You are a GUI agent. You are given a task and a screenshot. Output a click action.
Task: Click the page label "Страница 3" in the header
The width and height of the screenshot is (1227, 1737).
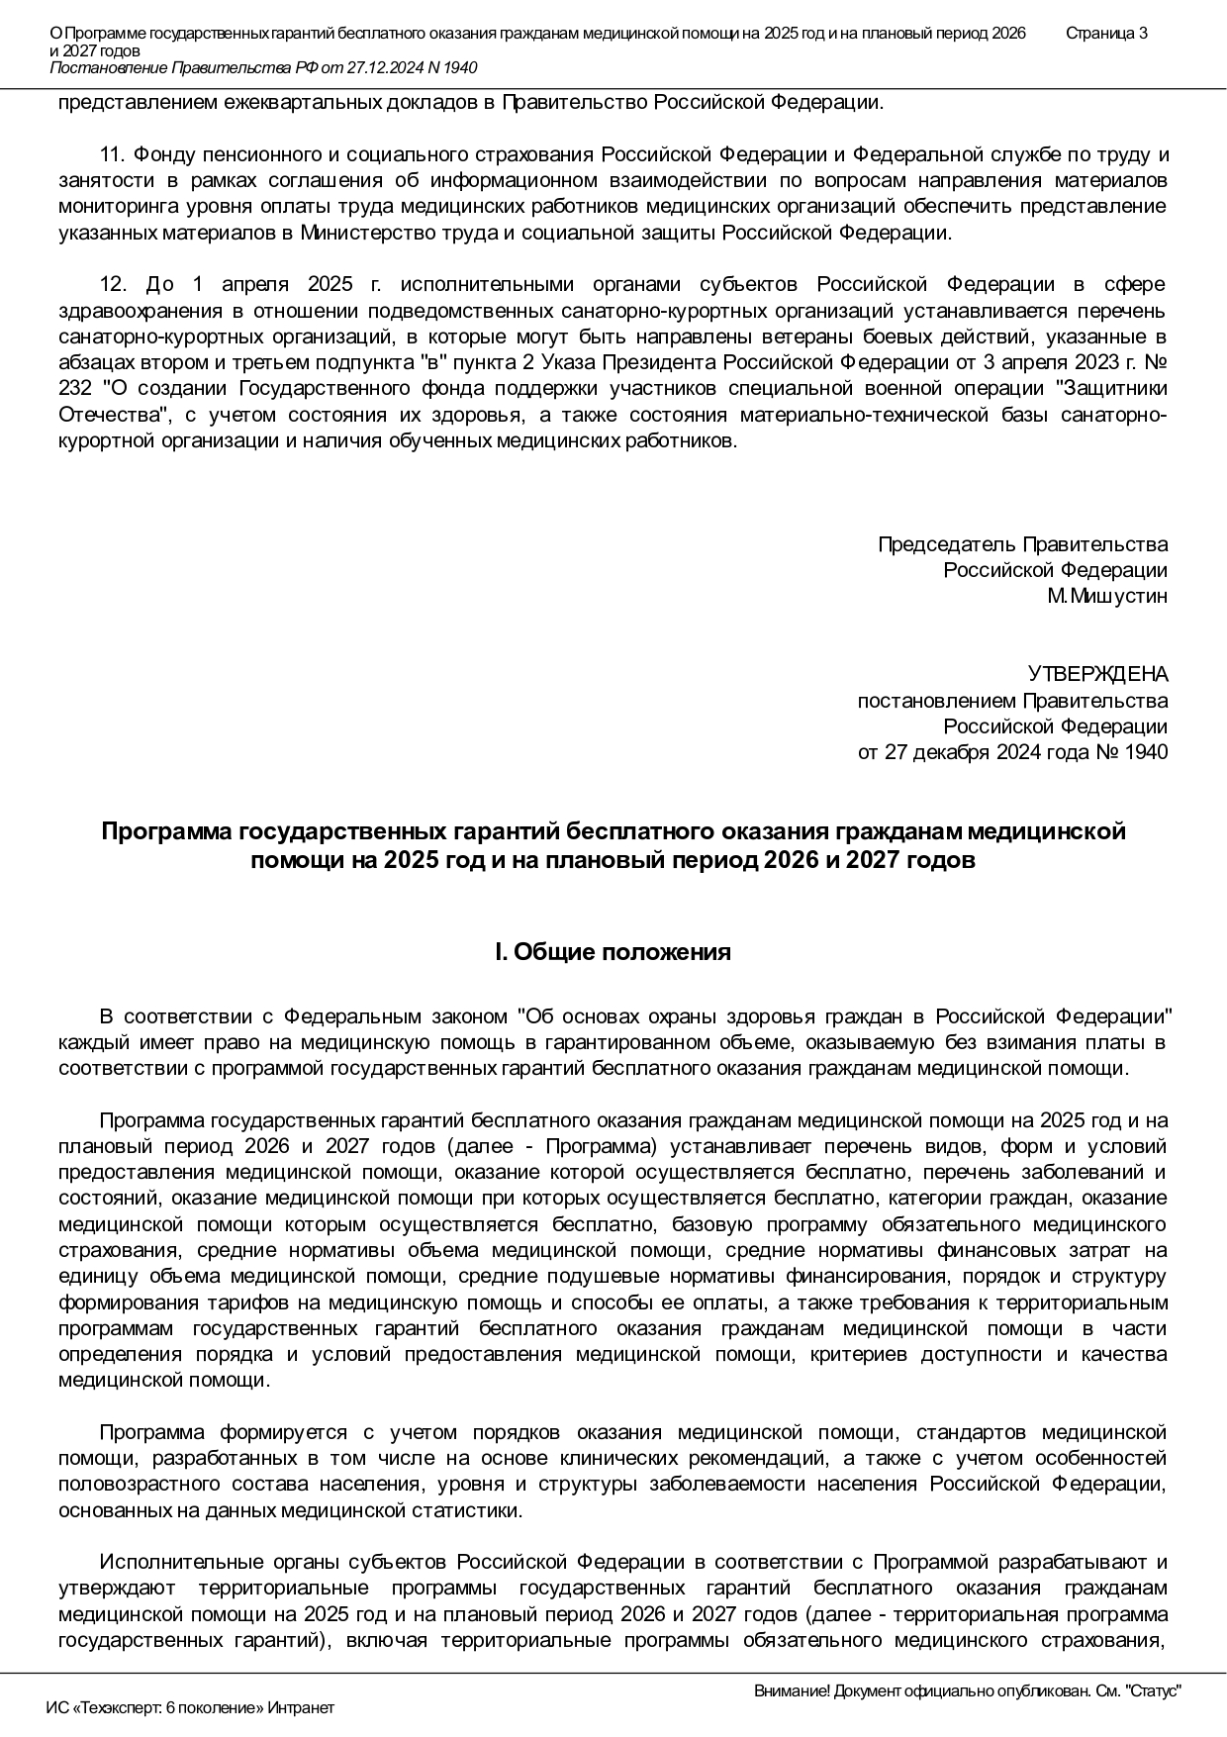(1106, 33)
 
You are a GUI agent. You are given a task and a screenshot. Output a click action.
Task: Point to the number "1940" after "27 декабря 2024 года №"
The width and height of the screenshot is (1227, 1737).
(1146, 752)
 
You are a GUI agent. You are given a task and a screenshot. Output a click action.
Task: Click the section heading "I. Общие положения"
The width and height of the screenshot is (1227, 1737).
(613, 952)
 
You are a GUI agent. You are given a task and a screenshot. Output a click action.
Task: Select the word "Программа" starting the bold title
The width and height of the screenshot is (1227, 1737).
(167, 831)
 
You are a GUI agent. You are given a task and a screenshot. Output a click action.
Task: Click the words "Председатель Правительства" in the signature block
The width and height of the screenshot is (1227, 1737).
(1022, 544)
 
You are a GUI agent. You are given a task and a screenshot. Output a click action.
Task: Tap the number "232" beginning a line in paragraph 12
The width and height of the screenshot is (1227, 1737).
(75, 388)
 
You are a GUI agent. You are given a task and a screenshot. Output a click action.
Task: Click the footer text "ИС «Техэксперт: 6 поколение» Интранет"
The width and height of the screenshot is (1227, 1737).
(190, 1708)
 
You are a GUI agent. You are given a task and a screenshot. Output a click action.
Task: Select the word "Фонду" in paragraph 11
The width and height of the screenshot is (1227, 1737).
(161, 154)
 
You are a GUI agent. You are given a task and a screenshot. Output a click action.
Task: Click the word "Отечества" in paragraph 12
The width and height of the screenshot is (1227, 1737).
(108, 414)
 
